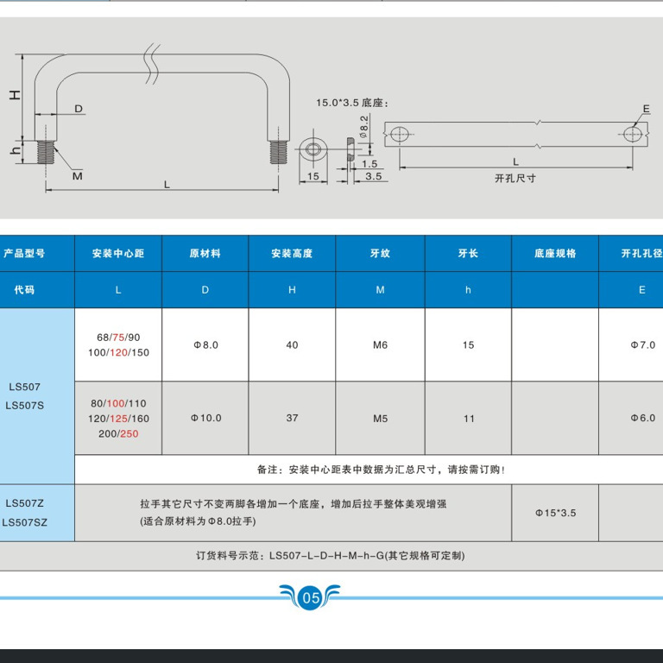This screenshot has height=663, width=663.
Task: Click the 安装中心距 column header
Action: tap(118, 254)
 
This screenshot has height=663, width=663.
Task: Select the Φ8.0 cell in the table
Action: tap(205, 345)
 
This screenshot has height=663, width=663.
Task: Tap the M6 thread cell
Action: tap(380, 345)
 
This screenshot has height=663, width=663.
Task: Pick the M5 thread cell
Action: tap(380, 419)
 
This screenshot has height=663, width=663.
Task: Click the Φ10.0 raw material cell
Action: tap(205, 419)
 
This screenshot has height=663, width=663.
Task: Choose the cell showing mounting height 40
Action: tap(292, 345)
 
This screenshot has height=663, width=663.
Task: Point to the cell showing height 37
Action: tap(292, 419)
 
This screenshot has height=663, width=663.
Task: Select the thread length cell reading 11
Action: tap(469, 419)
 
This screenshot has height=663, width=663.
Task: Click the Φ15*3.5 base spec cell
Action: tap(555, 513)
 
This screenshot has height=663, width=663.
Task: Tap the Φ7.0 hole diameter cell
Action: tap(642, 345)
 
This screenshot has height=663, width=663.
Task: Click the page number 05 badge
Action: tap(311, 597)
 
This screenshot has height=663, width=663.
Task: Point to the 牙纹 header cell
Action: tap(380, 254)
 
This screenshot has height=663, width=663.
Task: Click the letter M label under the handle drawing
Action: tap(77, 176)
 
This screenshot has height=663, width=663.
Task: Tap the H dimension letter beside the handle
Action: tap(16, 94)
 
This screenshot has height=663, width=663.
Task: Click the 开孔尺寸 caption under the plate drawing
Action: tap(515, 178)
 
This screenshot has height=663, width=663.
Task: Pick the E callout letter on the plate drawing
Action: tap(645, 109)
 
